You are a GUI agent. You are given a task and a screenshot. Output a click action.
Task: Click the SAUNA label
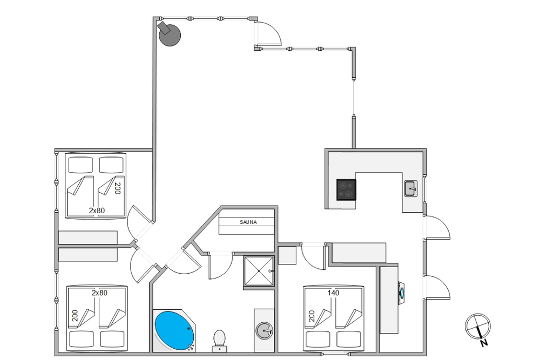[248, 222]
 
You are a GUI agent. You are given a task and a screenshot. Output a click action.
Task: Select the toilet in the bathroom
[219, 339]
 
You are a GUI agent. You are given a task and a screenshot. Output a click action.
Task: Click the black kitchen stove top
[347, 189]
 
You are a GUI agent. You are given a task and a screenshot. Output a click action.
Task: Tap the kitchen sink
[410, 188]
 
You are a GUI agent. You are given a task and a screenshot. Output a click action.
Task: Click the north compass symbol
[477, 325]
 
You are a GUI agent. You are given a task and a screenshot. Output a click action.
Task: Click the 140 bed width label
[333, 293]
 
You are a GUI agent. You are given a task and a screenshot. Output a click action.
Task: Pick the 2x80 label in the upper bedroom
[97, 210]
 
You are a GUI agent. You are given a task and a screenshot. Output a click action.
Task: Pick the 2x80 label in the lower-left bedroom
[100, 293]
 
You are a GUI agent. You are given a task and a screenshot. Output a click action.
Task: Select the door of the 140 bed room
[314, 256]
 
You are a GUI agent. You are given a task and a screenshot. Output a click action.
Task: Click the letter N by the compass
[484, 342]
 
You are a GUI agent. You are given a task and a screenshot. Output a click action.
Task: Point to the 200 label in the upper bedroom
[116, 188]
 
